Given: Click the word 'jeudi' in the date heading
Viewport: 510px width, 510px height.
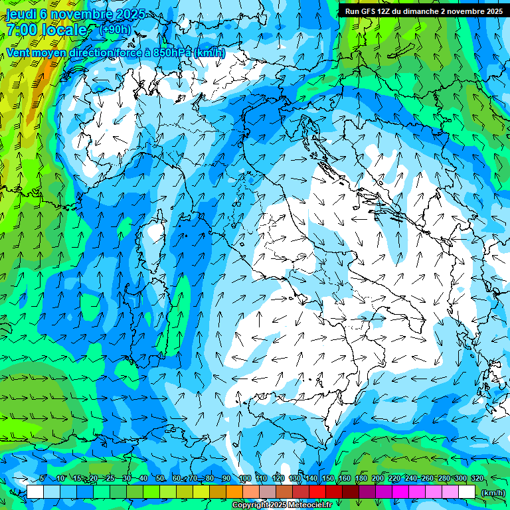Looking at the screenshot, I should click(21, 14).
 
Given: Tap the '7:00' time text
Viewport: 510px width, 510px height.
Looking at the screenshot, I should click(22, 30).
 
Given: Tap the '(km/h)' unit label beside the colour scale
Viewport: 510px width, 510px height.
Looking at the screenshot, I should click(492, 493).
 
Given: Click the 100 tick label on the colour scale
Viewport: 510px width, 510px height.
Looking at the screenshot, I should click(244, 479).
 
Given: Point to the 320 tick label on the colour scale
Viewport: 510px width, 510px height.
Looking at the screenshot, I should click(477, 479).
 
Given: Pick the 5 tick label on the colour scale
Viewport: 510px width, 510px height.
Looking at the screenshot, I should click(42, 479).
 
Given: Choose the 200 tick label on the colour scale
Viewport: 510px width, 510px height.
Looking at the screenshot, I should click(377, 479).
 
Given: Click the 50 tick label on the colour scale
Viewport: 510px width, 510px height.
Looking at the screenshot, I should click(160, 479).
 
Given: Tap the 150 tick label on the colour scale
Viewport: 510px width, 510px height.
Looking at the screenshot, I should click(327, 479).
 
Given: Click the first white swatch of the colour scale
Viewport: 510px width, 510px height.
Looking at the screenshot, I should click(35, 492).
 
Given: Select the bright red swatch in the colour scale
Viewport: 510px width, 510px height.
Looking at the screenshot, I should click(317, 492).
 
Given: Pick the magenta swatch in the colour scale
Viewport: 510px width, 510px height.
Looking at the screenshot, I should click(400, 492).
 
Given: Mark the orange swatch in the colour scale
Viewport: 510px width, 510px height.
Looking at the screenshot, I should click(234, 492).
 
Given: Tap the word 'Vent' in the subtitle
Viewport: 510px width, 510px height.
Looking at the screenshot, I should click(20, 52).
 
